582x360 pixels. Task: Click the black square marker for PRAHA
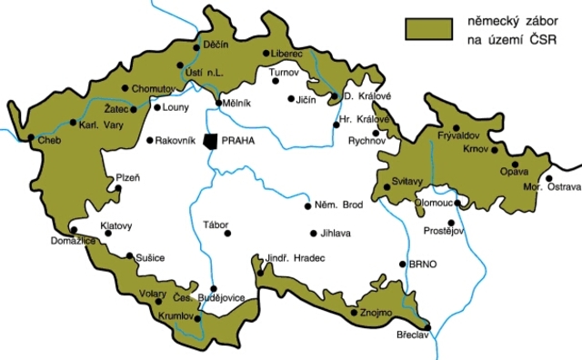pos(212,142)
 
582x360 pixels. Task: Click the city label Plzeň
pos(126,177)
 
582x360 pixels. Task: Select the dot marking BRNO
pos(403,265)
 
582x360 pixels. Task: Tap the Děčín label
pos(216,44)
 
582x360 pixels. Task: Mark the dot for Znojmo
pos(353,312)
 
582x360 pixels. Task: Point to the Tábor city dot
pos(227,234)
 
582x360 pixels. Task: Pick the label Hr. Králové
pos(363,118)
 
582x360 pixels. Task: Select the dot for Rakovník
pos(149,141)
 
